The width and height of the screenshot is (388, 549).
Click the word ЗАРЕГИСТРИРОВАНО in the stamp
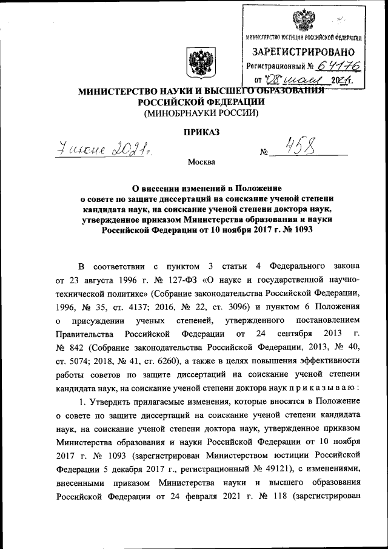307,53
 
